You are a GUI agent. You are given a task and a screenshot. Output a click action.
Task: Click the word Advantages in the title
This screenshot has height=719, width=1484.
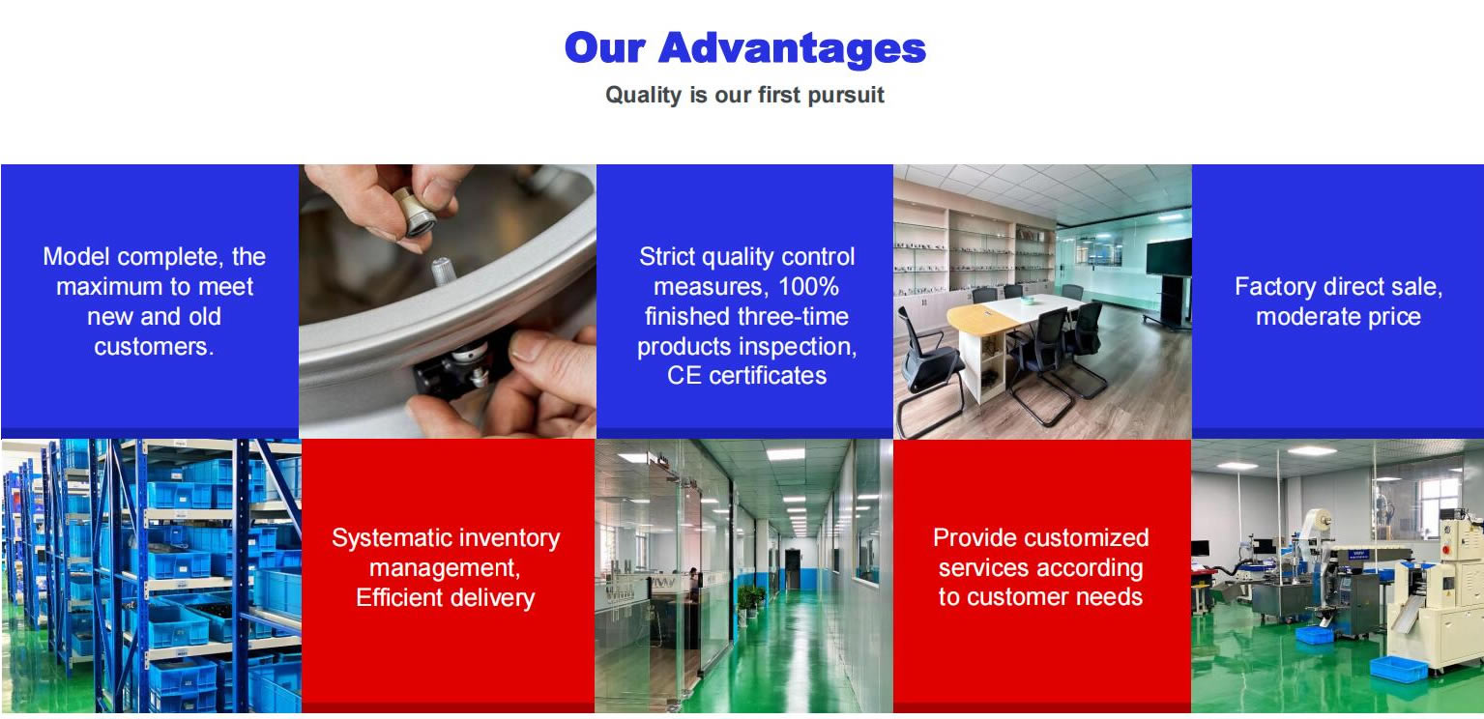(x=793, y=49)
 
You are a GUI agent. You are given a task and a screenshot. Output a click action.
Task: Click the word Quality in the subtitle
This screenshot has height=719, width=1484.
(x=643, y=96)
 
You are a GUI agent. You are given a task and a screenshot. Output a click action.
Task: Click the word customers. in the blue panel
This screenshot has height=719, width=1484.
(x=154, y=346)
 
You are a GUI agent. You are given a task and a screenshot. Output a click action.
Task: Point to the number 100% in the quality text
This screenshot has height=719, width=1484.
(x=808, y=287)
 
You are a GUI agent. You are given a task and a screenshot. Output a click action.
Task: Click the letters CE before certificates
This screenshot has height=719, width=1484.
(x=684, y=376)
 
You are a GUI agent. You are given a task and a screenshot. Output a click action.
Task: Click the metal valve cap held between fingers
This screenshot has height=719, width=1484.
(x=415, y=212)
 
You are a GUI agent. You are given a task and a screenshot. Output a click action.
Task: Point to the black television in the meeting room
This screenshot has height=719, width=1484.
(x=1169, y=257)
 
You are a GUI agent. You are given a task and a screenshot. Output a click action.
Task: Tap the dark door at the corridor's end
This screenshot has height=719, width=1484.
(x=793, y=569)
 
